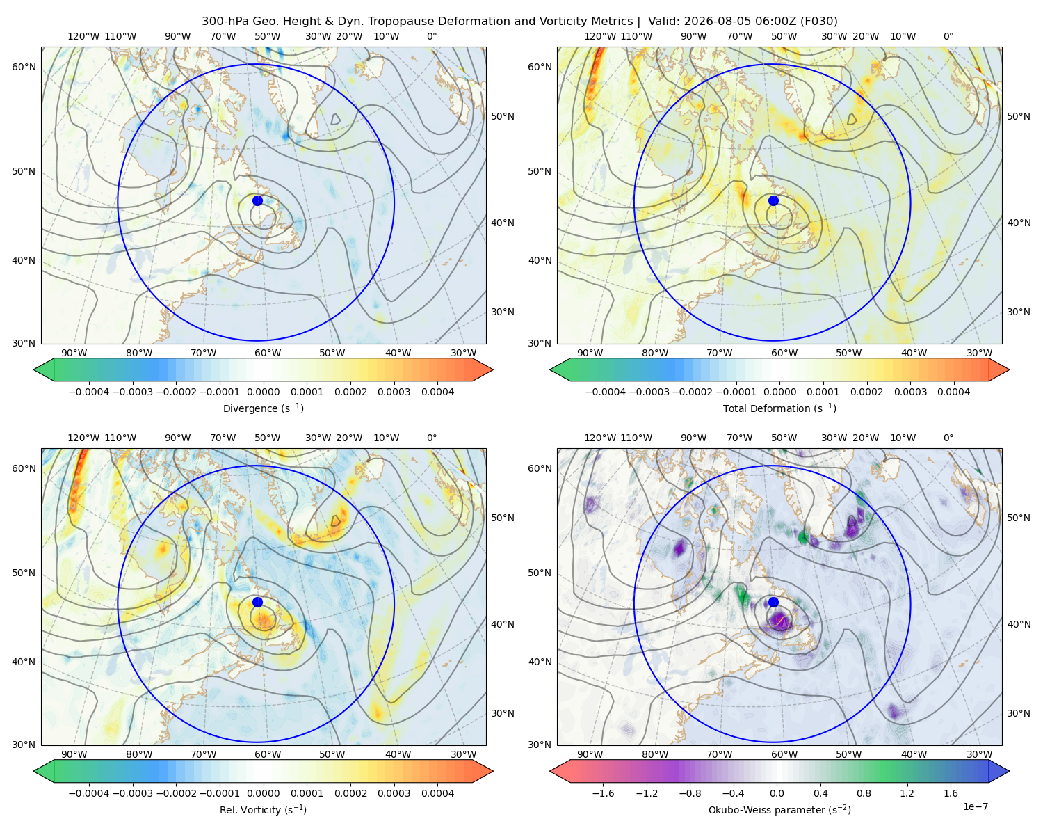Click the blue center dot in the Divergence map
click(257, 200)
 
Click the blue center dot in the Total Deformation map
click(773, 200)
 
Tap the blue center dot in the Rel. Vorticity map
click(257, 602)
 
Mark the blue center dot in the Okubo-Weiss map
click(773, 602)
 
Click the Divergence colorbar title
click(263, 408)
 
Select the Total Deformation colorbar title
click(779, 408)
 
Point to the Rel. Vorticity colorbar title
click(263, 809)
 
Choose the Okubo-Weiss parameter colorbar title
click(779, 809)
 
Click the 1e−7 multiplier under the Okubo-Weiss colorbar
click(975, 806)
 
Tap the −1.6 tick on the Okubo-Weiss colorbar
click(603, 793)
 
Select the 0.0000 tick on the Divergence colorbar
click(263, 392)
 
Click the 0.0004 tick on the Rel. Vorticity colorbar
click(437, 793)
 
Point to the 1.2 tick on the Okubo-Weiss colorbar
click(907, 793)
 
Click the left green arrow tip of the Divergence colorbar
click(34, 369)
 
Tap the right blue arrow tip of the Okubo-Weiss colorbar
click(1009, 771)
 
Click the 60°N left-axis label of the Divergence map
click(24, 67)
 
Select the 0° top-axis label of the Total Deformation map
click(948, 36)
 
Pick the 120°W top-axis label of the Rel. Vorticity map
click(83, 438)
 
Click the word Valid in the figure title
click(663, 22)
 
